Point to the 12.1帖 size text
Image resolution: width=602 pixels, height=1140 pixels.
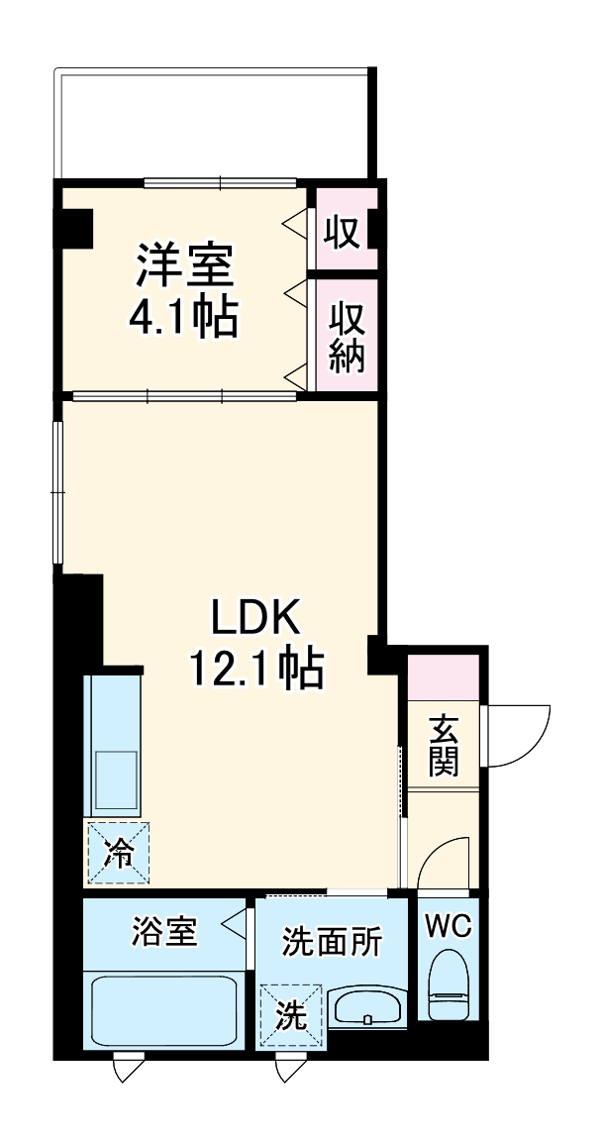(256, 671)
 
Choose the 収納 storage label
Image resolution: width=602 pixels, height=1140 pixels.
(347, 338)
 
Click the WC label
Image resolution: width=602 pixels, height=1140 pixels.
(451, 927)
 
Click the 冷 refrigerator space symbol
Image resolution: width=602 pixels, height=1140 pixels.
(118, 853)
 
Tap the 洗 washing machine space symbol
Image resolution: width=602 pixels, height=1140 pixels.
(289, 1014)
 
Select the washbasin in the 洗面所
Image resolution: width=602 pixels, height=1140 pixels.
(367, 1007)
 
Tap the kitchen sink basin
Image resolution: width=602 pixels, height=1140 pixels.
(115, 777)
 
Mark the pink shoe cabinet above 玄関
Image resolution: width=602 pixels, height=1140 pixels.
(443, 674)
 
